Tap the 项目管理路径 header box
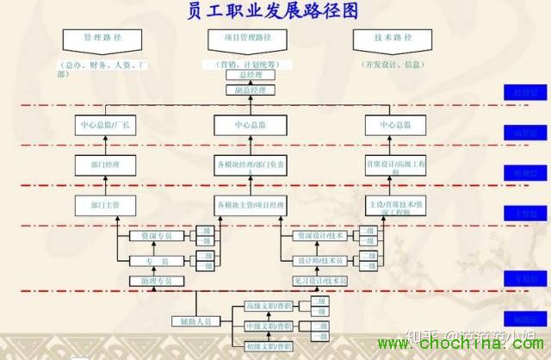click(251, 40)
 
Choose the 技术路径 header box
click(393, 40)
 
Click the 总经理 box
click(251, 75)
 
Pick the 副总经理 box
click(251, 90)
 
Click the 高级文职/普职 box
click(269, 307)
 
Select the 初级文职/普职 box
click(269, 346)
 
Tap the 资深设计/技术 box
click(321, 235)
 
